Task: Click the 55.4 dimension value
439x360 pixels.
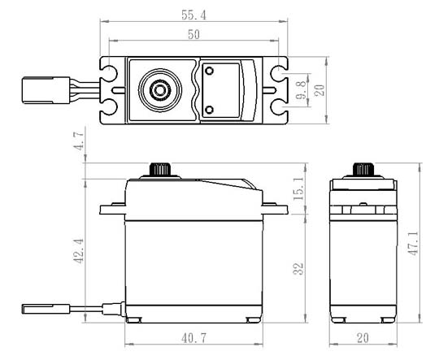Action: (193, 15)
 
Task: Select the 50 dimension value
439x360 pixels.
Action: (193, 34)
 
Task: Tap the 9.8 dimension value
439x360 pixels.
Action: (302, 90)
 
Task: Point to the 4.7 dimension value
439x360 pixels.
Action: (79, 141)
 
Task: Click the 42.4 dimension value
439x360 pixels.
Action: (79, 251)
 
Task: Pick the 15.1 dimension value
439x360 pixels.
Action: (298, 189)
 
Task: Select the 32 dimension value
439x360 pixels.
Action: (298, 269)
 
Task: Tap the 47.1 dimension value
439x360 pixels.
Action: (413, 243)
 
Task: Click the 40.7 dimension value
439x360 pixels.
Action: (193, 338)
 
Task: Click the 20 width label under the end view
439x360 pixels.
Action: (363, 338)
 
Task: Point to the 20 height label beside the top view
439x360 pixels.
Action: (319, 90)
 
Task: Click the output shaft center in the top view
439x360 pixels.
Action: (160, 90)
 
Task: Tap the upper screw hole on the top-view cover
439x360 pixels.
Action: (209, 71)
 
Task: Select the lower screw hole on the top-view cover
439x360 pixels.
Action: (209, 110)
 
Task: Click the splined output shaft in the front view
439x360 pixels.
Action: (160, 170)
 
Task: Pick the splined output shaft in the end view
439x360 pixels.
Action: (363, 170)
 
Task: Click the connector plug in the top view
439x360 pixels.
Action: (46, 90)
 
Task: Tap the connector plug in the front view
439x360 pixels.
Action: (46, 309)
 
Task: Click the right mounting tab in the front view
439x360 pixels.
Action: (275, 209)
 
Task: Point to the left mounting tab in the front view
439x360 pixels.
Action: (112, 209)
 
